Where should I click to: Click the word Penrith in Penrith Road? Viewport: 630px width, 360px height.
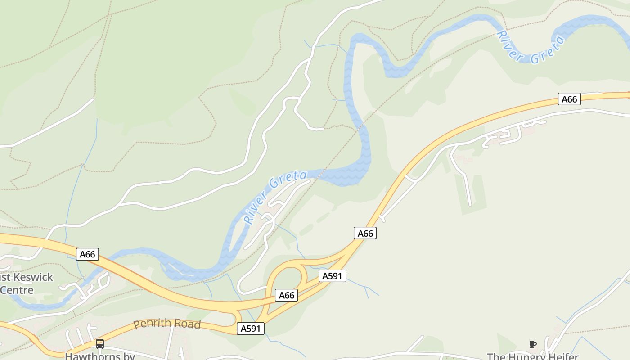pos(153,323)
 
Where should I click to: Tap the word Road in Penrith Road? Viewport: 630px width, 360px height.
pos(188,324)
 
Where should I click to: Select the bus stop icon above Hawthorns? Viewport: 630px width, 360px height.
pos(100,344)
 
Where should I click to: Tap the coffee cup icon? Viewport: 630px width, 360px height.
pos(533,345)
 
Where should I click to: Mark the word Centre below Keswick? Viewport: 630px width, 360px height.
pos(17,290)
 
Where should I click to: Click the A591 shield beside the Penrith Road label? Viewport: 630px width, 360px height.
pos(251,328)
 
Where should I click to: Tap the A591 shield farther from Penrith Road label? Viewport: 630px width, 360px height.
pos(333,276)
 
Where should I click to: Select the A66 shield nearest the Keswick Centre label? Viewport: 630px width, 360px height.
pos(87,254)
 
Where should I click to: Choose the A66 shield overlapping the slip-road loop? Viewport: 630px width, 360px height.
pos(286,295)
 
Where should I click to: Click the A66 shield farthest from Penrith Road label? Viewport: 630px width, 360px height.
pos(569,99)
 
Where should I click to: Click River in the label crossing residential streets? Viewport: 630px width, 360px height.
pos(255,210)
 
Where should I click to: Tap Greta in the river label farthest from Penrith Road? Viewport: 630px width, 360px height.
pos(548,49)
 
